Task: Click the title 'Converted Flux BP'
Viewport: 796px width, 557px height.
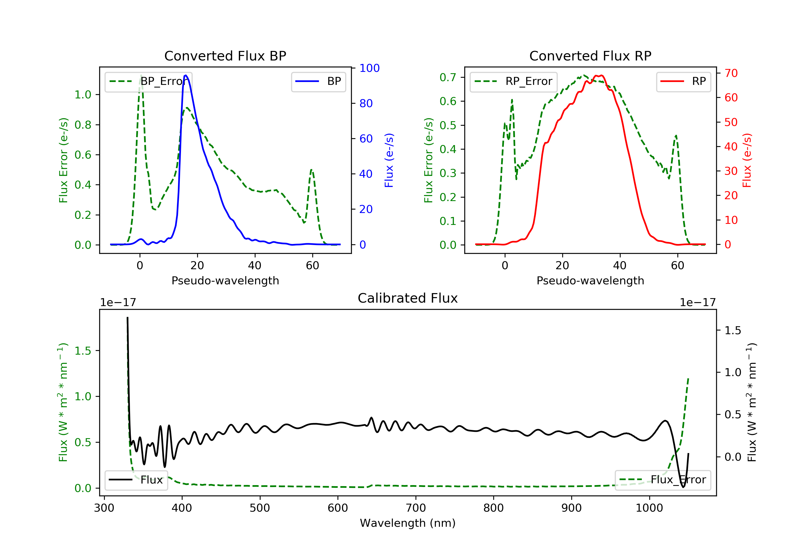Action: pyautogui.click(x=225, y=56)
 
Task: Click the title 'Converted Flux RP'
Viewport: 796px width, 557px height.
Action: pyautogui.click(x=590, y=56)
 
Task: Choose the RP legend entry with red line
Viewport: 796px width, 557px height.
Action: pyautogui.click(x=683, y=81)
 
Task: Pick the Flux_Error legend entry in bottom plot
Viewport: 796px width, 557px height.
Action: pyautogui.click(x=663, y=480)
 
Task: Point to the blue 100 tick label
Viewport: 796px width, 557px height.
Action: pyautogui.click(x=369, y=68)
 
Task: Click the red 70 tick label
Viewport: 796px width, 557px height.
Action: pyautogui.click(x=731, y=73)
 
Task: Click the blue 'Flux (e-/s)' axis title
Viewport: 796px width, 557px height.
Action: pyautogui.click(x=389, y=160)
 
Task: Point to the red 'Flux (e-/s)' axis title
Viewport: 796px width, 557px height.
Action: pyautogui.click(x=747, y=160)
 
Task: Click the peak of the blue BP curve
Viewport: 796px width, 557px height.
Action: pyautogui.click(x=186, y=75)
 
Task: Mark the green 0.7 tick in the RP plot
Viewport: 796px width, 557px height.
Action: pyautogui.click(x=448, y=77)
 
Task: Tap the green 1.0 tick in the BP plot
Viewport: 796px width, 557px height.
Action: pyautogui.click(x=83, y=95)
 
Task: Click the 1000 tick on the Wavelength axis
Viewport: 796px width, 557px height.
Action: pyautogui.click(x=649, y=508)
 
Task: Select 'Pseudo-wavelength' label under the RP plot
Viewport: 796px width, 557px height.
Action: pyautogui.click(x=590, y=281)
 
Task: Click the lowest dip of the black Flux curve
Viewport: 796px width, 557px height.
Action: pyautogui.click(x=683, y=487)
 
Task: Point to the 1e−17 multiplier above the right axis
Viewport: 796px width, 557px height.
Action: pyautogui.click(x=698, y=303)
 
